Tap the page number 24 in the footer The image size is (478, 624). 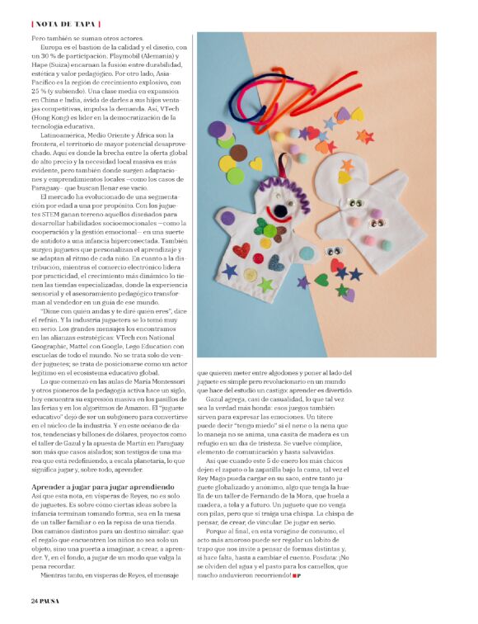(34, 599)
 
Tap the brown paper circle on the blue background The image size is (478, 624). (238, 153)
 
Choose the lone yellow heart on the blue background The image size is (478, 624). (256, 163)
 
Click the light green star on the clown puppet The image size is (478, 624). (265, 285)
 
